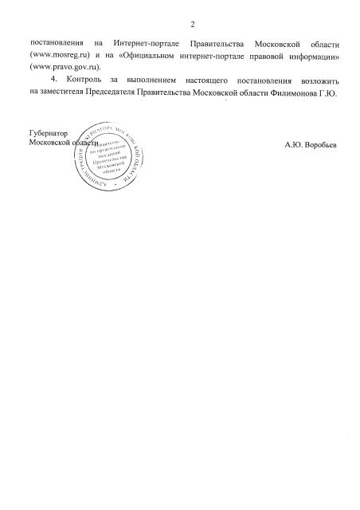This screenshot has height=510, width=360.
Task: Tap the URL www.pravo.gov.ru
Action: pos(57,67)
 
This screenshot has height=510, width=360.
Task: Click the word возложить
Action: pos(317,81)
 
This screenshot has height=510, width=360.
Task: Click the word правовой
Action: pos(277,53)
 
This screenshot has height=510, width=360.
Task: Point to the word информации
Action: pos(320,53)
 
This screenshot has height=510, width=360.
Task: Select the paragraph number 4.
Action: pos(53,81)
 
